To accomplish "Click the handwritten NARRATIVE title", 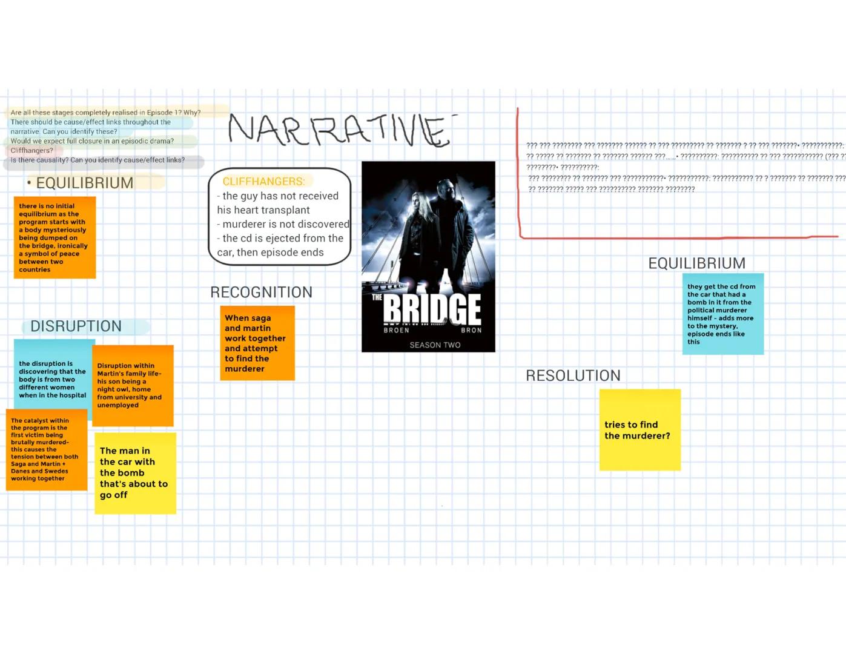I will pos(339,130).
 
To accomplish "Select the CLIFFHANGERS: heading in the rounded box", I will pos(263,181).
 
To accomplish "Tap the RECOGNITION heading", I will pos(261,292).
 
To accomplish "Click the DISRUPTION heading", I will pos(76,326).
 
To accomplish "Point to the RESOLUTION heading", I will pos(573,375).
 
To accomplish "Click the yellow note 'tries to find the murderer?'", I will pos(639,430).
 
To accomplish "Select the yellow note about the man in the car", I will pos(135,473).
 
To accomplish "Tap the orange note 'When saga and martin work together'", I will pos(257,343).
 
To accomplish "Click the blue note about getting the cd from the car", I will pos(722,314).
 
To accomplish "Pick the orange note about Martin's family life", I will pos(133,386).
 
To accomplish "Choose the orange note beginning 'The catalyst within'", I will pos(46,449).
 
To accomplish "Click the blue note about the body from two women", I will pos(53,378).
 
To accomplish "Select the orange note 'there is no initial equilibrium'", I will pos(55,237).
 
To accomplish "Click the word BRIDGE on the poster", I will pos(432,309).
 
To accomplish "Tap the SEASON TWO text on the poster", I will pos(435,345).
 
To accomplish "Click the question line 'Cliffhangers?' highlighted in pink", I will pos(32,151).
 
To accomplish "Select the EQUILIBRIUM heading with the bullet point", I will pos(84,183).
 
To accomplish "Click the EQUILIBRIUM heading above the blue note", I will pos(696,263).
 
